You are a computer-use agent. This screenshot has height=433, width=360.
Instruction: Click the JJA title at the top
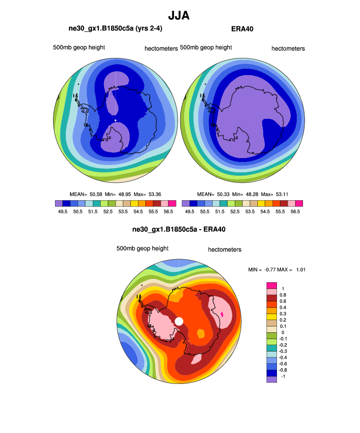(179, 16)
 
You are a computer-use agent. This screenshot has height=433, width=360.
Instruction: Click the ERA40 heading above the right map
(242, 29)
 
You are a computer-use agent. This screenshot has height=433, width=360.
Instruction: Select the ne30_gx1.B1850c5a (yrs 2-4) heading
(115, 29)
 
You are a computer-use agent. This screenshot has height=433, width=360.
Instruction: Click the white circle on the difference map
(179, 321)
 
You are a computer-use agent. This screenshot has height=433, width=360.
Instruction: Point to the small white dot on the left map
(115, 120)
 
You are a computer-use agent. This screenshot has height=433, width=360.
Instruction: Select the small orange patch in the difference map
(200, 333)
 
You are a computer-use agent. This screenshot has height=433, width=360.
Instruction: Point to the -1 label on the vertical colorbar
(283, 376)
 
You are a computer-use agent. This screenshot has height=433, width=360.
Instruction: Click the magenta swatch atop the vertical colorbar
(271, 285)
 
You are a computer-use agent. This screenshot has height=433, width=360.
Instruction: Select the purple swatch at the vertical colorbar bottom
(271, 379)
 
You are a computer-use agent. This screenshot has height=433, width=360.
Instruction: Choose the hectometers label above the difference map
(224, 249)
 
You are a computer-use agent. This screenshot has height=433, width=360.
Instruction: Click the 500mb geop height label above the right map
(206, 48)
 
